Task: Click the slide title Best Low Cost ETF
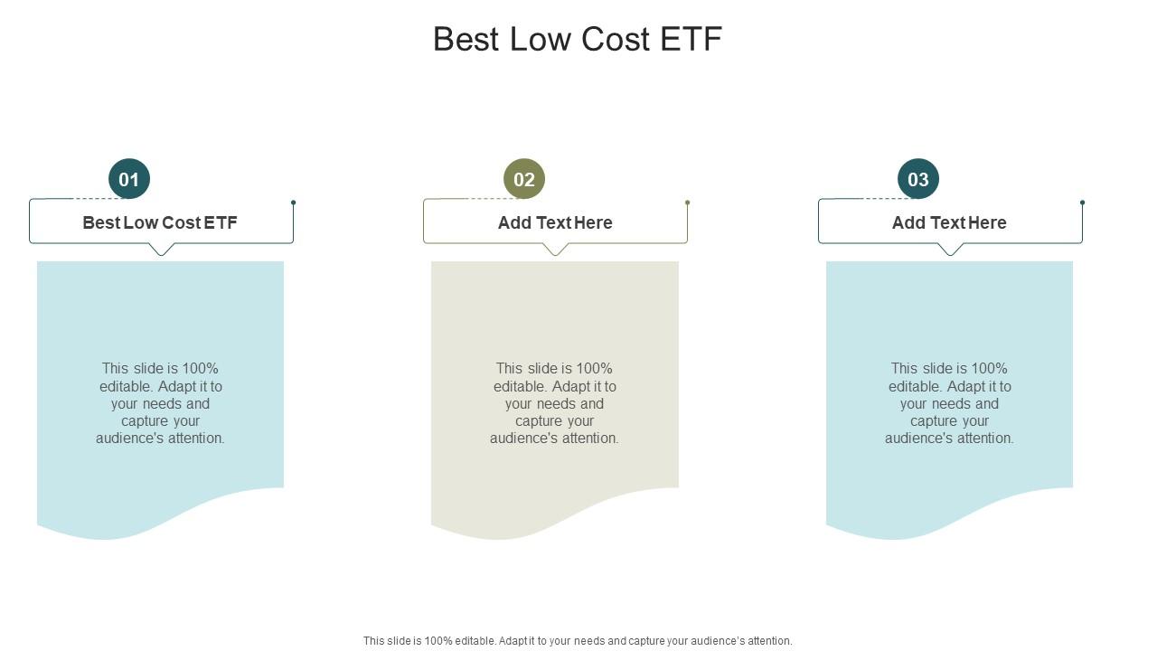(x=578, y=40)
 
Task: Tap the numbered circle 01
(x=129, y=179)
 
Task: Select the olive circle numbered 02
(x=524, y=179)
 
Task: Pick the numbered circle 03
(x=918, y=179)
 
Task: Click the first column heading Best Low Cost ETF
(x=160, y=222)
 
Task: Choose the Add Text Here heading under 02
(x=555, y=222)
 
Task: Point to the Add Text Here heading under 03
(x=949, y=222)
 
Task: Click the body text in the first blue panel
(x=160, y=403)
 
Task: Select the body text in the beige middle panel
(x=555, y=403)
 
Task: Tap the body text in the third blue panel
(x=949, y=403)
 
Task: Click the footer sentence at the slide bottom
(x=578, y=641)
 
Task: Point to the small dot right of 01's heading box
(x=293, y=203)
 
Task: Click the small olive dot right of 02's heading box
(x=688, y=203)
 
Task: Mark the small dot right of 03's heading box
(x=1082, y=203)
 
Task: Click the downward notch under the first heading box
(x=161, y=250)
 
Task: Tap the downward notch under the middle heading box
(x=556, y=250)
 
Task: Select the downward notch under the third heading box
(x=950, y=250)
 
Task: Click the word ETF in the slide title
(x=691, y=40)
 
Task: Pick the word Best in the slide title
(x=466, y=40)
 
